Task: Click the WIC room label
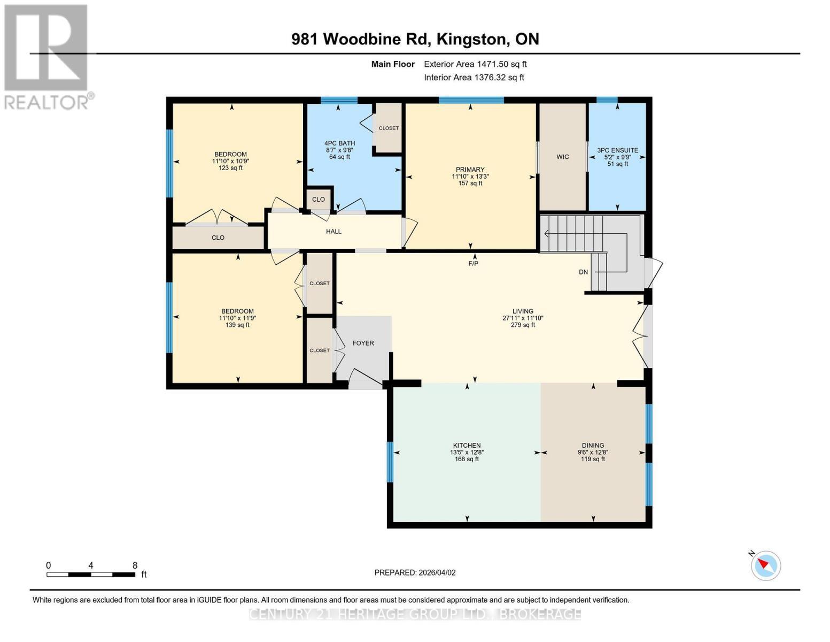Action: (x=562, y=157)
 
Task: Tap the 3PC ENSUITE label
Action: (x=617, y=150)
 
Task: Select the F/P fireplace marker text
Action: (x=473, y=263)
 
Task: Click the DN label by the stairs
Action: (x=583, y=272)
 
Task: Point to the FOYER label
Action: (x=363, y=343)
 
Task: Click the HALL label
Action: (x=333, y=231)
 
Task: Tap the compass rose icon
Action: (x=766, y=565)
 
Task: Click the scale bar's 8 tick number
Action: (x=135, y=565)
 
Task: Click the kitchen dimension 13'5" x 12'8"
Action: (x=467, y=452)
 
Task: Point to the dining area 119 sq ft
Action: (x=593, y=459)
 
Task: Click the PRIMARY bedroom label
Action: (x=470, y=170)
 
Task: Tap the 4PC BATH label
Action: (x=339, y=143)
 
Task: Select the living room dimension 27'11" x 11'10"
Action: (x=522, y=318)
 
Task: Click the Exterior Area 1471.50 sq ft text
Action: (x=475, y=64)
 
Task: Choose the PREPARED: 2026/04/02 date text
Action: (x=415, y=572)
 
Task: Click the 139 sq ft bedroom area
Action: (x=237, y=325)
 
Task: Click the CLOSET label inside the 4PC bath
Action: (x=389, y=128)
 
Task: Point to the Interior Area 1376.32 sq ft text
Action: (x=474, y=78)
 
